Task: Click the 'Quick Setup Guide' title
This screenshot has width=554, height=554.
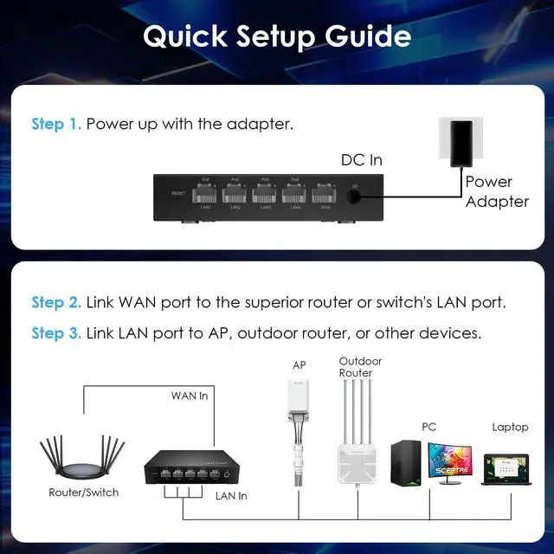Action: click(x=277, y=36)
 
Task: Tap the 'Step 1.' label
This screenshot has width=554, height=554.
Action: click(x=56, y=124)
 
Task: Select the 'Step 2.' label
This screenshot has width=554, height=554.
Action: click(x=56, y=303)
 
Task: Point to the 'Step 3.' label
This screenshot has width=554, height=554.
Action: click(x=56, y=333)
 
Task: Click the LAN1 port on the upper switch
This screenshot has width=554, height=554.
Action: click(x=206, y=192)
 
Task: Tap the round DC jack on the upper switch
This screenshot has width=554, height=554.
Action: click(x=354, y=196)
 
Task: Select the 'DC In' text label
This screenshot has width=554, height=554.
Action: click(x=361, y=160)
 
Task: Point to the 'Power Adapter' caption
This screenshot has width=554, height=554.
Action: click(x=496, y=191)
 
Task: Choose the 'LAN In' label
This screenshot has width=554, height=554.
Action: click(x=230, y=496)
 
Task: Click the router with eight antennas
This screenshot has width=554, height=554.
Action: click(x=83, y=459)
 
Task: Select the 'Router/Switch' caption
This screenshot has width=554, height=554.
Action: click(x=84, y=493)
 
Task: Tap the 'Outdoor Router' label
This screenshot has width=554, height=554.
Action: click(x=360, y=366)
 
